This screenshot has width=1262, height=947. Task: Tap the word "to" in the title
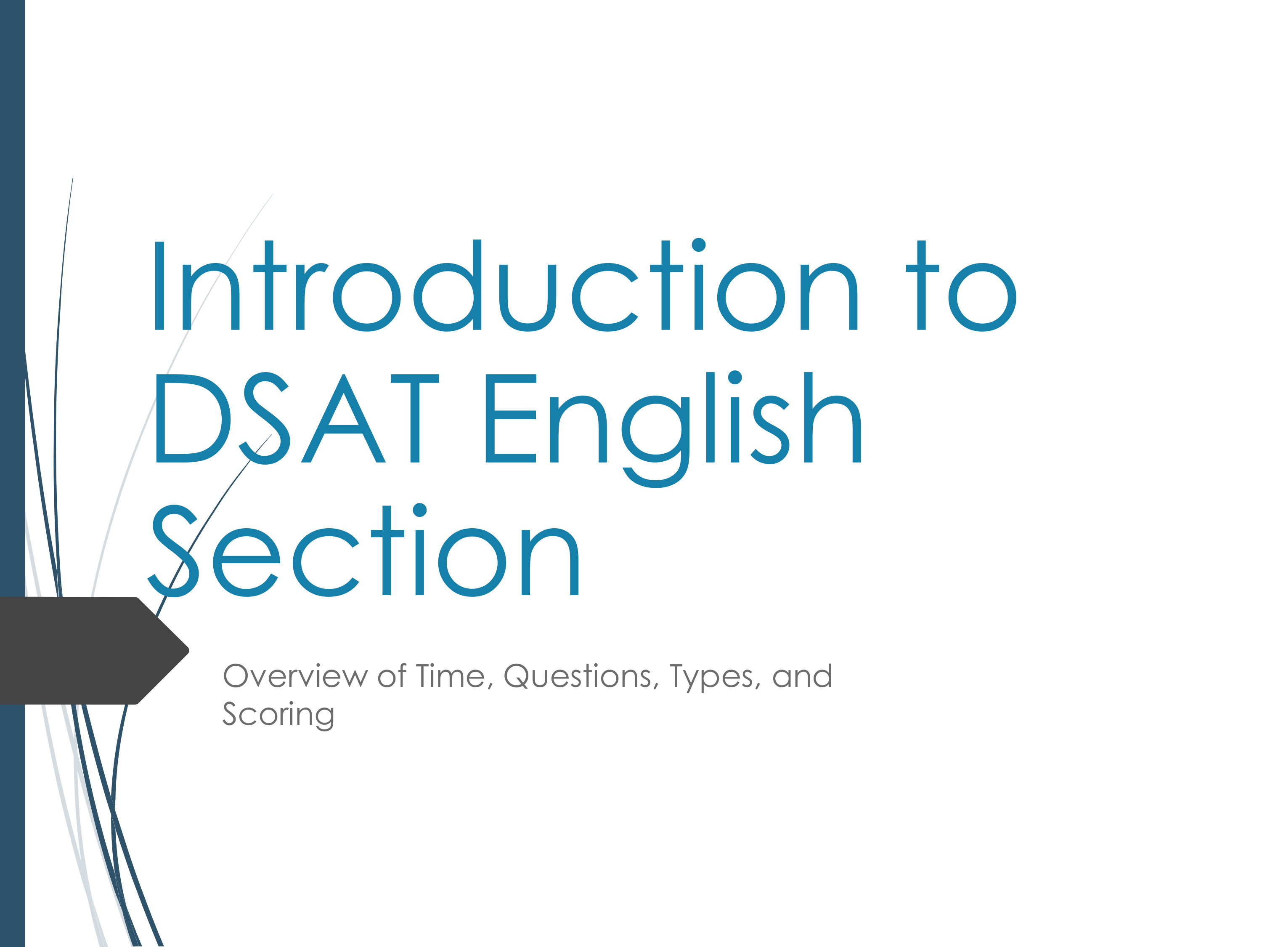(961, 285)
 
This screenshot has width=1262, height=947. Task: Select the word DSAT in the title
(297, 419)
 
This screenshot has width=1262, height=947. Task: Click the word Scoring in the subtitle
(278, 715)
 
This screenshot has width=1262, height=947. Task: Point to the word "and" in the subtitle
(802, 676)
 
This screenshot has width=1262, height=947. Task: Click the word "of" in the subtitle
(392, 676)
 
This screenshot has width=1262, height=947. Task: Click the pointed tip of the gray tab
(189, 650)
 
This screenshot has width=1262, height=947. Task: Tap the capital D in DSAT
(193, 418)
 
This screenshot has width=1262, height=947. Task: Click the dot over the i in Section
(420, 510)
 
